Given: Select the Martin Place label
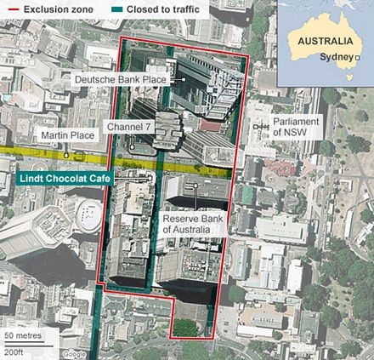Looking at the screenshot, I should click(x=64, y=136).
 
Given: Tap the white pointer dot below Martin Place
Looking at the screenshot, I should click(x=65, y=157).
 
